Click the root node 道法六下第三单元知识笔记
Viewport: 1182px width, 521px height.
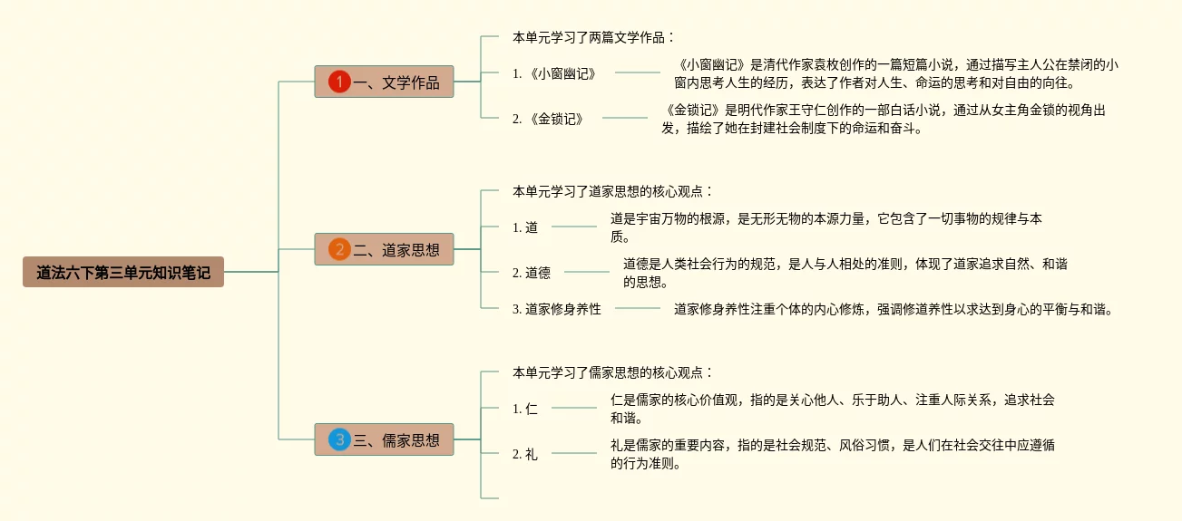pyautogui.click(x=123, y=272)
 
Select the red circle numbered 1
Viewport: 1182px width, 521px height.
pyautogui.click(x=339, y=82)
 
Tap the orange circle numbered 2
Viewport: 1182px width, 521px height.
pyautogui.click(x=339, y=249)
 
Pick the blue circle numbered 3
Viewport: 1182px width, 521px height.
pyautogui.click(x=339, y=440)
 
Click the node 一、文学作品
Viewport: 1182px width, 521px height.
pyautogui.click(x=396, y=82)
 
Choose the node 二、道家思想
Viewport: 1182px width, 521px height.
pyautogui.click(x=396, y=249)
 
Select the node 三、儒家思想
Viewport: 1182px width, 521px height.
pyautogui.click(x=396, y=440)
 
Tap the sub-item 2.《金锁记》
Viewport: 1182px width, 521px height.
pyautogui.click(x=548, y=118)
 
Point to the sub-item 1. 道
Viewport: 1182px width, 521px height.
pyautogui.click(x=525, y=227)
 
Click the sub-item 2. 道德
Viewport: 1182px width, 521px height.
pyautogui.click(x=531, y=273)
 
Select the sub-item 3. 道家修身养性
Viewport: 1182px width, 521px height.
pyautogui.click(x=556, y=309)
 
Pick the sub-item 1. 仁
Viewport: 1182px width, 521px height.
pyautogui.click(x=525, y=409)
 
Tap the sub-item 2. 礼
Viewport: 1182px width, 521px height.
pyautogui.click(x=525, y=454)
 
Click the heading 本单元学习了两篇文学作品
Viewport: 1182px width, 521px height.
pyautogui.click(x=593, y=37)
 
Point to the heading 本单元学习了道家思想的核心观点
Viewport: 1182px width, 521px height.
pyautogui.click(x=612, y=191)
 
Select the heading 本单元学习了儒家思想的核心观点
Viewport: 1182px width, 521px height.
pyautogui.click(x=612, y=372)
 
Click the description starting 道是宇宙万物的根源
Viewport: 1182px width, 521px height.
pyautogui.click(x=825, y=227)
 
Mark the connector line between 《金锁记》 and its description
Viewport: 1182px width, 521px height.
pyautogui.click(x=625, y=118)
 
